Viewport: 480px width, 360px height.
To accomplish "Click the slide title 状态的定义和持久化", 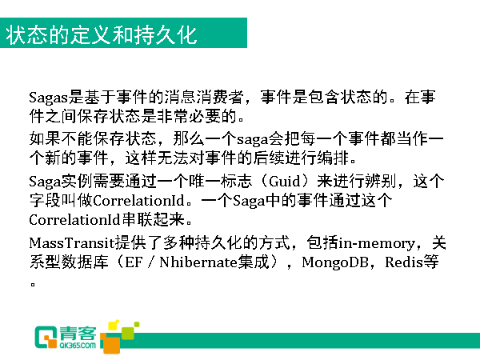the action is coord(102,34).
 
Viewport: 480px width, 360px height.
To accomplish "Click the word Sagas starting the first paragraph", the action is coord(48,98).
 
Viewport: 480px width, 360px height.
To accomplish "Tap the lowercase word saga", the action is coord(253,140).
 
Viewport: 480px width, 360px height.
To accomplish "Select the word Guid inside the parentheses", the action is coord(285,182).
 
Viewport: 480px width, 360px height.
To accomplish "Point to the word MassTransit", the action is coord(72,243).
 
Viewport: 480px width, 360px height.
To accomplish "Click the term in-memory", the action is coord(377,244).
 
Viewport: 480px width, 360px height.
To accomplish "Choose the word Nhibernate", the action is coord(198,262).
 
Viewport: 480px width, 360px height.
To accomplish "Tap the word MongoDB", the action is coord(335,262).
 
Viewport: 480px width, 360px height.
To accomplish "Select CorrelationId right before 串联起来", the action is coord(74,220).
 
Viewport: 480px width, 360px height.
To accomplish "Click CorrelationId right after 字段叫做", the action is coord(138,201).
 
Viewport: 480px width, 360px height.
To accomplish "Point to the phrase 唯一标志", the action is coord(220,182).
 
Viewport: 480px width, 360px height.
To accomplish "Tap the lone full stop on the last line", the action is coord(33,284).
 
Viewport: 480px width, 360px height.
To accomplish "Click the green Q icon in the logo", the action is coord(46,337).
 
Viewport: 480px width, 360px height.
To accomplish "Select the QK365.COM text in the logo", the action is coord(78,346).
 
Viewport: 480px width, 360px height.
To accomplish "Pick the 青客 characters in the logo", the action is coord(78,334).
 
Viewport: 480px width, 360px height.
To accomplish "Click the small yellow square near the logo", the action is coord(114,325).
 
